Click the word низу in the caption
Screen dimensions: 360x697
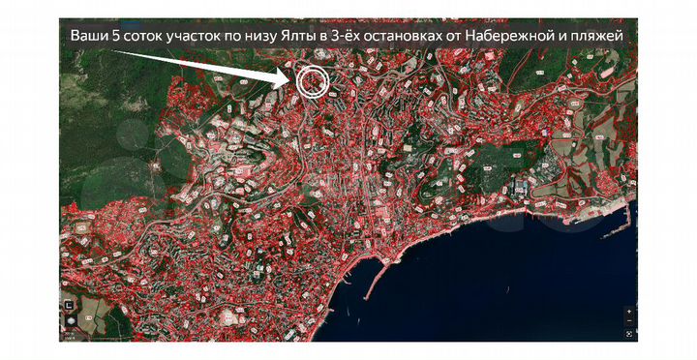pos(282,36)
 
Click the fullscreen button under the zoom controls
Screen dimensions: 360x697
pos(629,335)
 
